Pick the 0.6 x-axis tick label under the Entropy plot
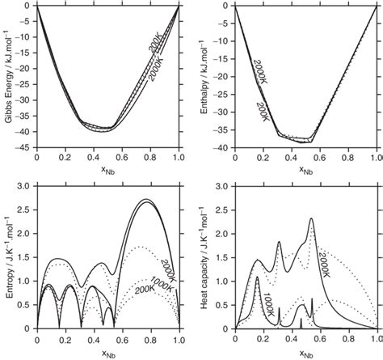(x=122, y=341)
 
